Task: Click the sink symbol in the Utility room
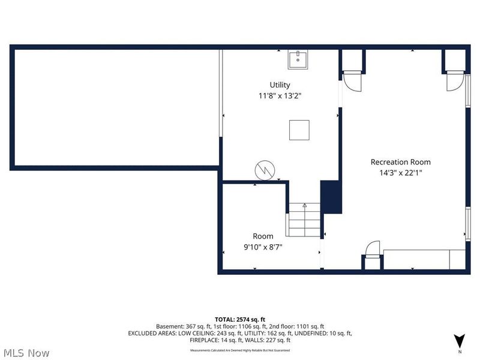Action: (298, 60)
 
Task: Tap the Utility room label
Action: (280, 85)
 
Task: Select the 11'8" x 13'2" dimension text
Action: (280, 95)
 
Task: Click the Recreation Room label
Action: (400, 162)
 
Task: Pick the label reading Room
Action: (262, 236)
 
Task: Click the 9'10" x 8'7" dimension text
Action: (262, 247)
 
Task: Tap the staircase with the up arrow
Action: (304, 220)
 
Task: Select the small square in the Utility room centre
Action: (299, 130)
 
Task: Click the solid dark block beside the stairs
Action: (331, 197)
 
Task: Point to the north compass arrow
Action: (460, 340)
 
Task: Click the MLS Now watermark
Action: (26, 352)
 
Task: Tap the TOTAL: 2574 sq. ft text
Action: (240, 319)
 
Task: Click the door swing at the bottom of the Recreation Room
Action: (373, 248)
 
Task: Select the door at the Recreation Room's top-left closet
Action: (352, 81)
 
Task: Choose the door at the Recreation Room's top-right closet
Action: (455, 81)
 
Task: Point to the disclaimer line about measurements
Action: (240, 349)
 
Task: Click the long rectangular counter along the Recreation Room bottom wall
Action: (424, 259)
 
